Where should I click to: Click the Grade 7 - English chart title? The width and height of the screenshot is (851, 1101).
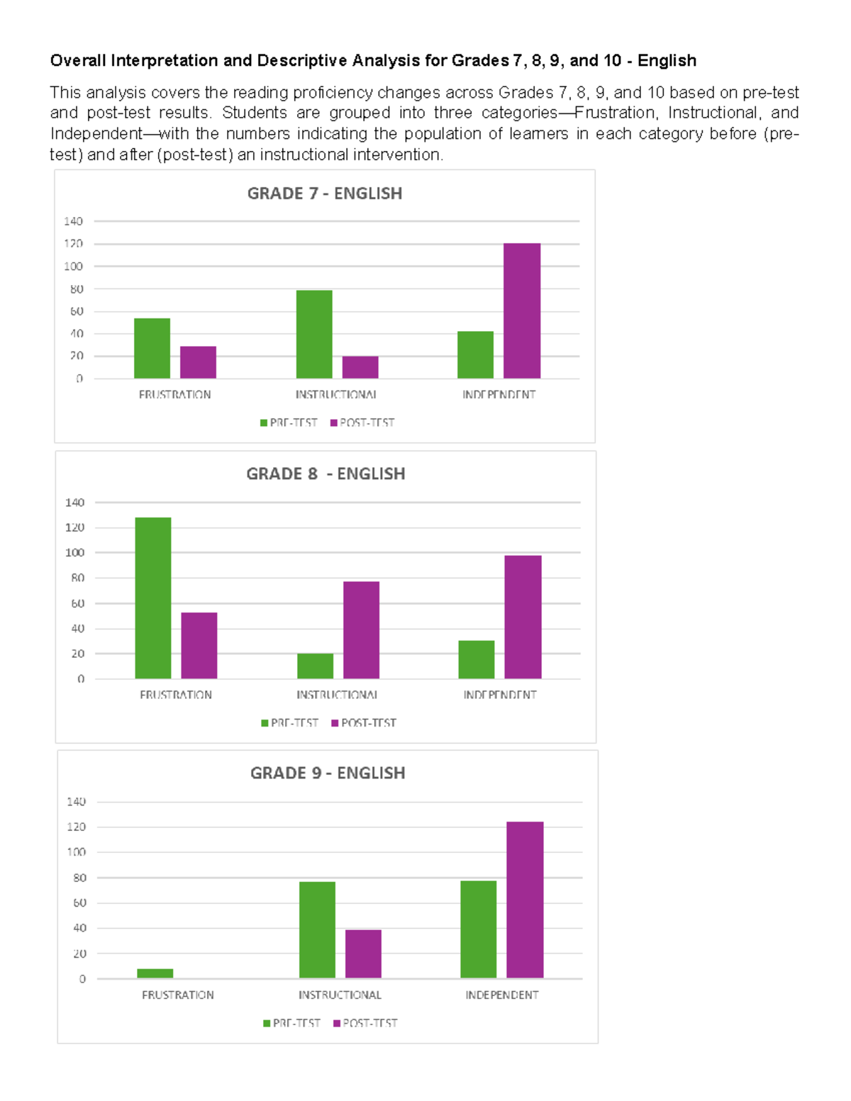coord(324,194)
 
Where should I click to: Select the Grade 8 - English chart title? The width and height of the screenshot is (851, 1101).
coord(326,474)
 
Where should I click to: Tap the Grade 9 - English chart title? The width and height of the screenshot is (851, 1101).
coord(328,773)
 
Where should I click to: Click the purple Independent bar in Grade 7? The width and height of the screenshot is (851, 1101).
coord(522,311)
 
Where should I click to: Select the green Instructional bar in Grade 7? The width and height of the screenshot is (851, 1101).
coord(314,334)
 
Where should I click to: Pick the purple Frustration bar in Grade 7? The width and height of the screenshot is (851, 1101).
coord(198,362)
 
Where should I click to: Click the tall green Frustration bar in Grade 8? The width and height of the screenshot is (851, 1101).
coord(153,598)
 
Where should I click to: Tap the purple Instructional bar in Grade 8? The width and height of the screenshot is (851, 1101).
coord(361,630)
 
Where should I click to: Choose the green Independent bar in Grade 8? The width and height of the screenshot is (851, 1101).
coord(477,659)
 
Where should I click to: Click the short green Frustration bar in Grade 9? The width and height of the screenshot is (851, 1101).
coord(155,973)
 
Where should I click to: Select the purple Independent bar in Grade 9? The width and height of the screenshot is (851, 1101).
coord(525,900)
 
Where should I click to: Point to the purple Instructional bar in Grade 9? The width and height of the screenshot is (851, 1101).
coord(363,954)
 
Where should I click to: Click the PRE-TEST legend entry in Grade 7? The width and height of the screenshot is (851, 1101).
coord(289,423)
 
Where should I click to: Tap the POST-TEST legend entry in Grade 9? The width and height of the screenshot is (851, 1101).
coord(365,1023)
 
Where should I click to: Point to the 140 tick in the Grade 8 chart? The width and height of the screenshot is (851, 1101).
coord(74,503)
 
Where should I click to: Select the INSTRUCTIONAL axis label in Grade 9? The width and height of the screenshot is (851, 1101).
coord(340,995)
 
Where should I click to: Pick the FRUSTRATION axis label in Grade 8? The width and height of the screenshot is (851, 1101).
coord(176,695)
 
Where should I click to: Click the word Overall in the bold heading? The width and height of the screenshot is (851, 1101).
coord(78,61)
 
